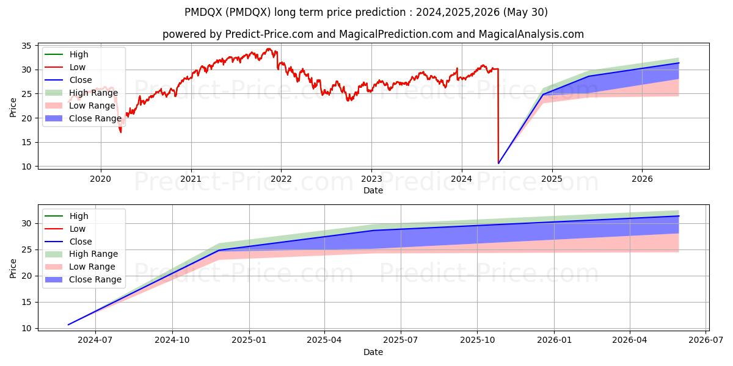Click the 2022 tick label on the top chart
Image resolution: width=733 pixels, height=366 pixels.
281,179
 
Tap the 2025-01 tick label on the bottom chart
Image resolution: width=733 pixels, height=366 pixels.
249,340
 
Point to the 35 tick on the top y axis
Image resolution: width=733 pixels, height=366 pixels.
27,46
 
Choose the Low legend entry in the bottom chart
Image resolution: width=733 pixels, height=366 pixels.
78,229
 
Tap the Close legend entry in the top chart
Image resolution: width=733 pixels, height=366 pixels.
81,80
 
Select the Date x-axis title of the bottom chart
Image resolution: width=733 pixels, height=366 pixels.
373,352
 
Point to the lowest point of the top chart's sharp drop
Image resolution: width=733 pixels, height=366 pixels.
498,163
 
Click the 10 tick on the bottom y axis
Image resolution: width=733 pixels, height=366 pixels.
27,328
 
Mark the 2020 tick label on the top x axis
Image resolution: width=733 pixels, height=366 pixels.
100,179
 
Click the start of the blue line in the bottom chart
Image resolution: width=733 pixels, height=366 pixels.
68,325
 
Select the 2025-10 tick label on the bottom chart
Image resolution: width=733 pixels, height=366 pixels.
478,340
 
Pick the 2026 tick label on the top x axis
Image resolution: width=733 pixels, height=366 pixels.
642,179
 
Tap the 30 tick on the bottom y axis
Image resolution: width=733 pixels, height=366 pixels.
27,223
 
